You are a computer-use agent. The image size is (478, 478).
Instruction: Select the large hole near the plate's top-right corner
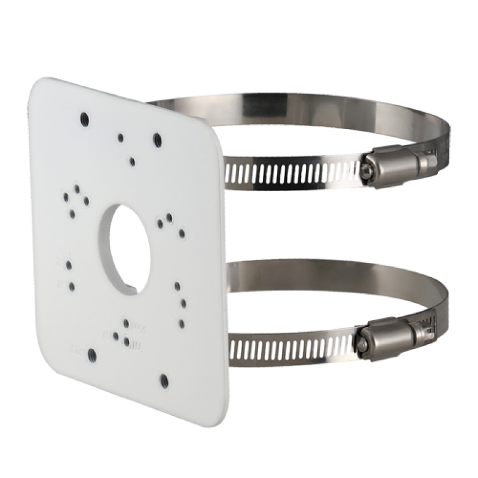click(x=157, y=140)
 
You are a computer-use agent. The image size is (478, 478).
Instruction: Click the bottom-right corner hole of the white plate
click(x=162, y=378)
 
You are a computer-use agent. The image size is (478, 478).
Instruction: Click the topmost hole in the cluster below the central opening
click(x=125, y=323)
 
